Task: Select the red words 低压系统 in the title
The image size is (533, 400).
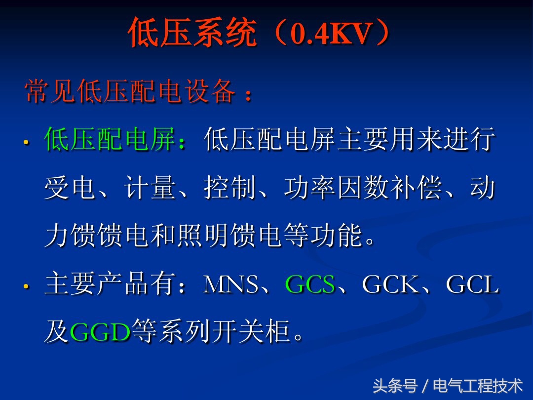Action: [192, 34]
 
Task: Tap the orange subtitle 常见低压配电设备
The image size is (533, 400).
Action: [131, 92]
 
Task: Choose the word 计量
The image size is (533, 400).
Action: [151, 188]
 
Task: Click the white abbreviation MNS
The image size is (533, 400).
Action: [231, 285]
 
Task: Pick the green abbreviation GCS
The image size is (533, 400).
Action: [310, 285]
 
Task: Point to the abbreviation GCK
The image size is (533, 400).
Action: [390, 285]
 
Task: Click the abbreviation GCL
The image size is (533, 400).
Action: [472, 285]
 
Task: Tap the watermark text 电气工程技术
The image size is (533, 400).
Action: [477, 385]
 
